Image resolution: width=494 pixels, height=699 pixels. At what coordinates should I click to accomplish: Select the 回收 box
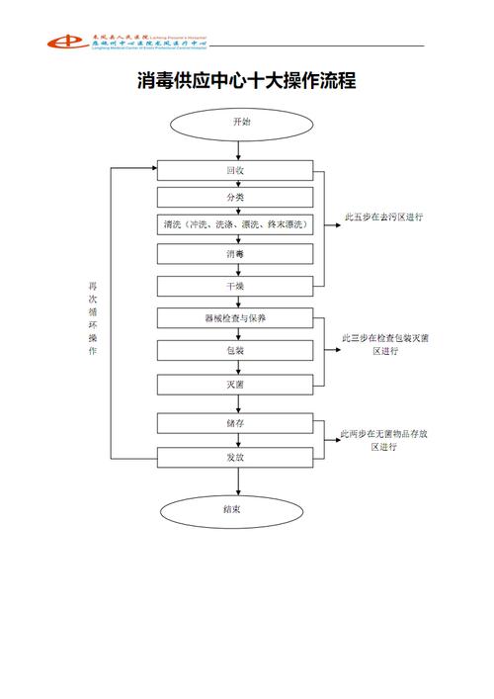(235, 170)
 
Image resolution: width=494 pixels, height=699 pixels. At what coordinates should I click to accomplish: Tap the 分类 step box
(235, 198)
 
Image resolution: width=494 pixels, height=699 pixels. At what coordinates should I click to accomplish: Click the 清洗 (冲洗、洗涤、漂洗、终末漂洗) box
(235, 225)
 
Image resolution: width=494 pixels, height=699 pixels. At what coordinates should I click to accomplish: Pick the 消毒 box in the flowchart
(235, 254)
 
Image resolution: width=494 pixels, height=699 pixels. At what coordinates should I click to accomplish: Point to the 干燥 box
(235, 286)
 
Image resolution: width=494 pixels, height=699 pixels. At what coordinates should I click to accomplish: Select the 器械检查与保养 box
(235, 318)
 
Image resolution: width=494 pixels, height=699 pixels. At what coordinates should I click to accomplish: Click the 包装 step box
(235, 351)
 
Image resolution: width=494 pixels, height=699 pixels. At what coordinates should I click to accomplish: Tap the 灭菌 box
(235, 383)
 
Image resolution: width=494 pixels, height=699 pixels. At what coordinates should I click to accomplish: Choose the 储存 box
(235, 423)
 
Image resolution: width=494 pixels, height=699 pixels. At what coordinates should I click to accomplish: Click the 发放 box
(235, 457)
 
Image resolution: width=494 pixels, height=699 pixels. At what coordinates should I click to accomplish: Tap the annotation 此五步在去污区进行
(383, 217)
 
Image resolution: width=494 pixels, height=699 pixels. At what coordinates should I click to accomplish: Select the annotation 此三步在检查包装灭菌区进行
(383, 344)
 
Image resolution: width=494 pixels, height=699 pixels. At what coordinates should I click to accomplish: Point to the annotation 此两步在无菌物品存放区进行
(383, 440)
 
